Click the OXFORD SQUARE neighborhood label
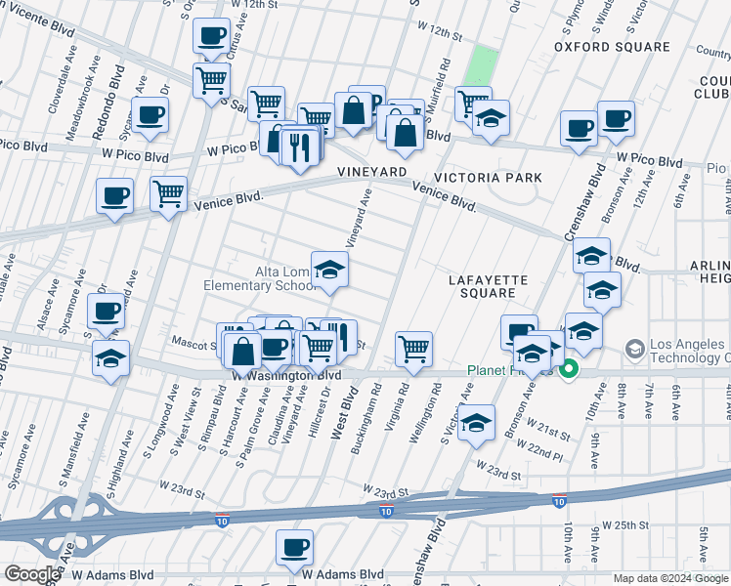coord(612,47)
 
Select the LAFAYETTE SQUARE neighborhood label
coord(488,286)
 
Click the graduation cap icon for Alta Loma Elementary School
coord(330,271)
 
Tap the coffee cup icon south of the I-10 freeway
coord(294,548)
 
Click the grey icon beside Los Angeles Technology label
coord(635,349)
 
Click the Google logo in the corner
coord(31,574)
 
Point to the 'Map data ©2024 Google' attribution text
coord(670,578)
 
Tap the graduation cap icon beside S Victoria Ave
coord(476,422)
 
